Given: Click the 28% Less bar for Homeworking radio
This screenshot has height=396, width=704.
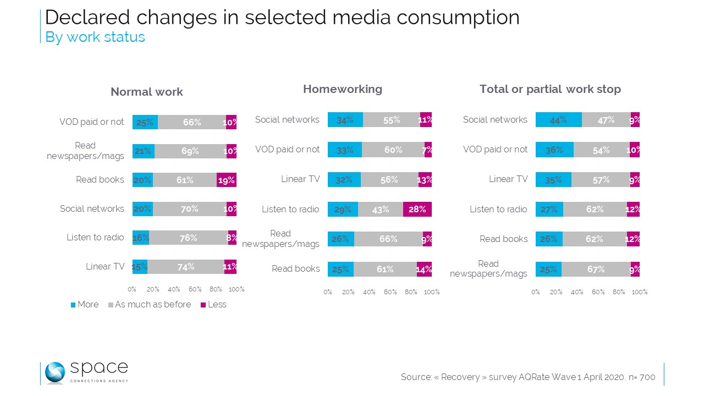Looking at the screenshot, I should [417, 209].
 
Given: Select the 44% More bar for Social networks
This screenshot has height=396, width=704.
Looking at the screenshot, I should [558, 120].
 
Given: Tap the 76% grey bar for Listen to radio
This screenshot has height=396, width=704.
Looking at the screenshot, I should [188, 238].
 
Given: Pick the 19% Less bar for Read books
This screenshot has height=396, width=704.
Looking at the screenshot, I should [226, 179].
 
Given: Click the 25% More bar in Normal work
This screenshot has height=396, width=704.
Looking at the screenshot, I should [145, 122].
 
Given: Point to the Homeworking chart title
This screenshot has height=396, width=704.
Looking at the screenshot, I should [343, 89].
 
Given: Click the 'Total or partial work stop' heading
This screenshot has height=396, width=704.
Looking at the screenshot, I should [550, 89].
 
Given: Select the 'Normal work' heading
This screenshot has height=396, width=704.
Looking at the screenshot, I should [147, 92].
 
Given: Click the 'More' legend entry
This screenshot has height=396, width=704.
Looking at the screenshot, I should [85, 305].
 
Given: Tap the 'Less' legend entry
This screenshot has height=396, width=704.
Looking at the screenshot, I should [213, 305].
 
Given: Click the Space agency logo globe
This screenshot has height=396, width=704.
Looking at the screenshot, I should [55, 372].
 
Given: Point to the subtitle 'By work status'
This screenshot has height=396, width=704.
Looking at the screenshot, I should [95, 37].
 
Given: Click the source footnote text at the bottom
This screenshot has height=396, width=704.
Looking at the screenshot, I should [528, 377].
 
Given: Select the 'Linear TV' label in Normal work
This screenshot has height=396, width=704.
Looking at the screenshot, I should [105, 267].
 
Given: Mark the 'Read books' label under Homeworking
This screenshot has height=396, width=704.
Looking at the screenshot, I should [295, 269].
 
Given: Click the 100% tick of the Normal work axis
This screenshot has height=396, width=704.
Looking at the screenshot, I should [237, 289].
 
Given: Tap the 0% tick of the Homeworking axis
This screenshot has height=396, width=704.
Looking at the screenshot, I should [328, 292].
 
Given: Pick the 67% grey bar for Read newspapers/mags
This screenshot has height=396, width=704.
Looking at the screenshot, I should [596, 269].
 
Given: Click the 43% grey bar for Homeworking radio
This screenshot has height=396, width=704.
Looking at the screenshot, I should [380, 209].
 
